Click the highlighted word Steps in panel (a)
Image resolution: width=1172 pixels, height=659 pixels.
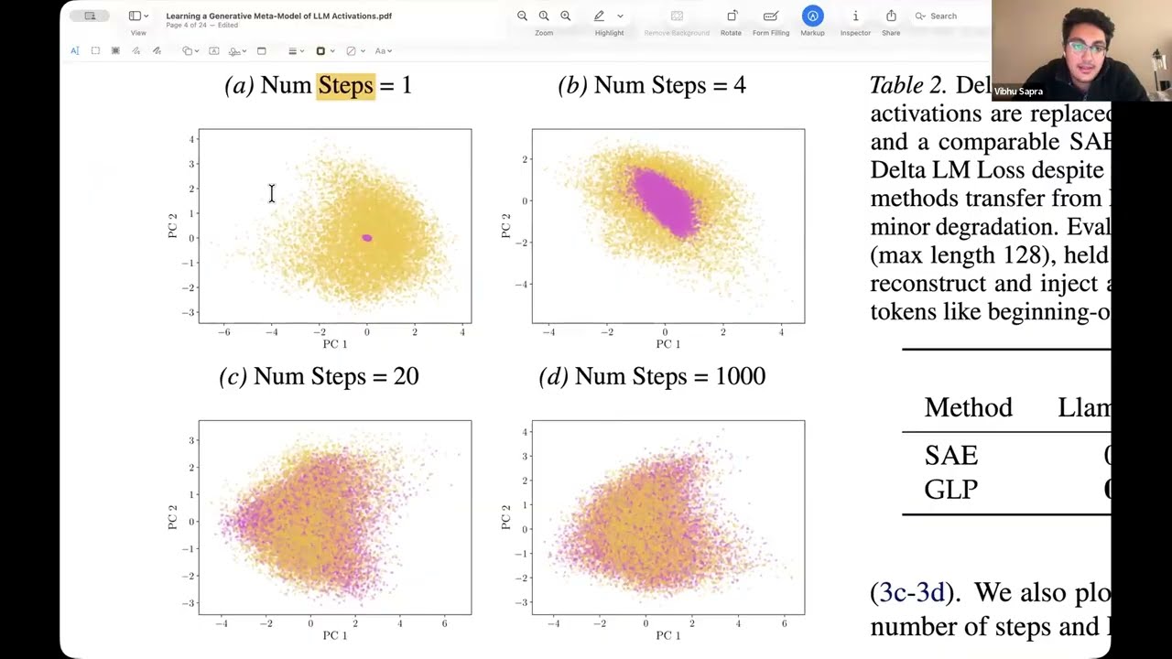[x=345, y=85]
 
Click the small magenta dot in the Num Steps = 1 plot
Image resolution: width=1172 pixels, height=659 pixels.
[x=366, y=238]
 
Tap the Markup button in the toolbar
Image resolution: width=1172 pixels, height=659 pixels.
[x=812, y=16]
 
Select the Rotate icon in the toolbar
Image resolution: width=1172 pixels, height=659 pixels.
[x=732, y=16]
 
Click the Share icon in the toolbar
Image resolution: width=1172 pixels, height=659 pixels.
[x=891, y=16]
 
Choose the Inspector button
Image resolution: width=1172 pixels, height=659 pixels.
[x=855, y=16]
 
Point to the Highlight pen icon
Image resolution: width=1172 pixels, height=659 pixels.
[x=599, y=16]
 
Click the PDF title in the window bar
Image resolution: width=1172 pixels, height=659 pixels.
[x=278, y=16]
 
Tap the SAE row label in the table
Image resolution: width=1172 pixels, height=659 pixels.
[x=950, y=456]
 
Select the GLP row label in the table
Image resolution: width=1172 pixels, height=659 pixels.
[x=950, y=490]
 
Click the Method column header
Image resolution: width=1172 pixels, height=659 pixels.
[x=968, y=407]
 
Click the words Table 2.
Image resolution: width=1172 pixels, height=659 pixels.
[x=906, y=85]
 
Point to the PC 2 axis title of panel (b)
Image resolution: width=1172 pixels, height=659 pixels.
[x=505, y=225]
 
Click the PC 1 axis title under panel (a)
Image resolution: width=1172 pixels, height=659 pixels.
[x=335, y=344]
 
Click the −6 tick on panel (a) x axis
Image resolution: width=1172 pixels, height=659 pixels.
[x=224, y=332]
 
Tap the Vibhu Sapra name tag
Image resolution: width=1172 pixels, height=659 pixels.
[x=1017, y=92]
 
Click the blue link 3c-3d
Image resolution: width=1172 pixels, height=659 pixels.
[x=911, y=593]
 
